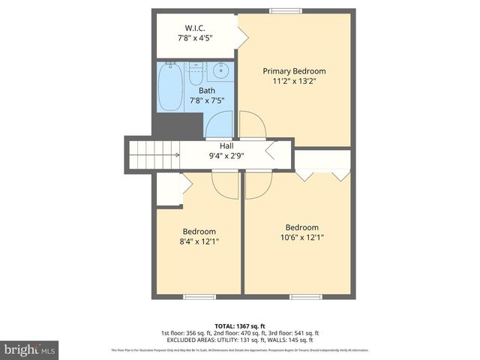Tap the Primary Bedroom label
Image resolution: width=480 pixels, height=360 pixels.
point(294,71)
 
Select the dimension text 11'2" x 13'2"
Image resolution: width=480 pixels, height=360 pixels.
point(294,82)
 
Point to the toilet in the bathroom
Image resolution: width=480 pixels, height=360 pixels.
point(195,76)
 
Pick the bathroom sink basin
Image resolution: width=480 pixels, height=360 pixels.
point(221,73)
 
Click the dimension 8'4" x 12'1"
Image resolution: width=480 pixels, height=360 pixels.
point(199,241)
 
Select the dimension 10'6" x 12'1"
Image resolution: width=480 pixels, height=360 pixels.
point(301,238)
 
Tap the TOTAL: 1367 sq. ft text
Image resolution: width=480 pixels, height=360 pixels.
point(240,325)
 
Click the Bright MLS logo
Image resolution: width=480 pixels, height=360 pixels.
point(30,349)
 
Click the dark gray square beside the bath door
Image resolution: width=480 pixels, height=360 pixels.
point(190,126)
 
